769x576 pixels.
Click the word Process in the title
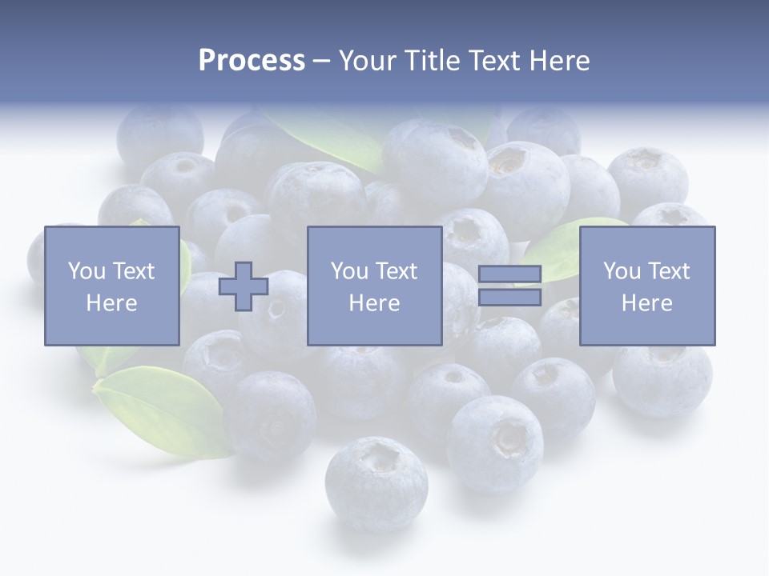tap(252, 61)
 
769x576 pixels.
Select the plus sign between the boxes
tap(244, 286)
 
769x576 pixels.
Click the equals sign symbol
tap(509, 286)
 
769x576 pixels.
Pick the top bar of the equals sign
tap(509, 274)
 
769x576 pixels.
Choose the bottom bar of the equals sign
tap(509, 297)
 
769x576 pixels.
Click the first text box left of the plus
tap(111, 286)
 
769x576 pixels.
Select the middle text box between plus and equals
tap(374, 286)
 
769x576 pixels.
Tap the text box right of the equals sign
tap(647, 286)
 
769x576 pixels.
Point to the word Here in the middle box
tap(374, 303)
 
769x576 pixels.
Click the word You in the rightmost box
tap(622, 270)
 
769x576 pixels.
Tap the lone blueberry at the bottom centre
tap(376, 482)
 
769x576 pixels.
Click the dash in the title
tap(322, 61)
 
